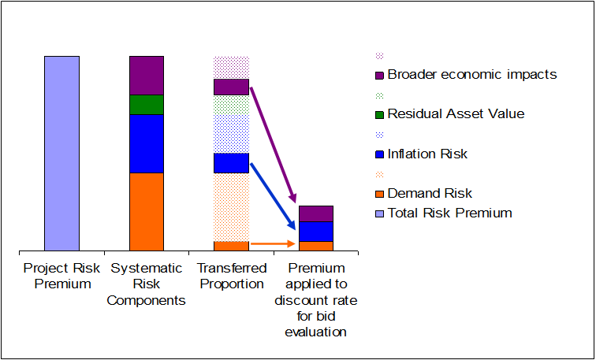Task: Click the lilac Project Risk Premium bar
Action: click(x=61, y=154)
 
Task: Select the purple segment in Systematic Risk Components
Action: click(x=147, y=75)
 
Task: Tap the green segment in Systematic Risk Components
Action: click(x=147, y=105)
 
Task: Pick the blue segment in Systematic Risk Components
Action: click(x=147, y=143)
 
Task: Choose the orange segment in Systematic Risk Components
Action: click(x=147, y=211)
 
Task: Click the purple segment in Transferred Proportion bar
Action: click(x=231, y=87)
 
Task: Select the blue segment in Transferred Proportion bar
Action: click(x=231, y=163)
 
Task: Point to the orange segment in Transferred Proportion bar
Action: click(x=231, y=246)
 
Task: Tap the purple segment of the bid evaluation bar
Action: click(x=315, y=213)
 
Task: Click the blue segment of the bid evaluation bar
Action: click(x=315, y=231)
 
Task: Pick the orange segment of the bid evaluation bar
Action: click(x=315, y=246)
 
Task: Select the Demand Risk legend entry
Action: click(x=430, y=193)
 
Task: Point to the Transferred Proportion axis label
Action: click(x=231, y=276)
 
